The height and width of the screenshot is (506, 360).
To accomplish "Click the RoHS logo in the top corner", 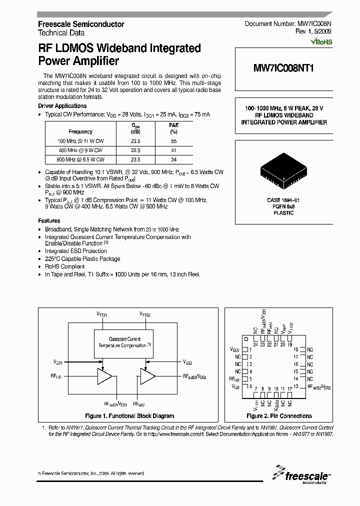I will (x=321, y=42).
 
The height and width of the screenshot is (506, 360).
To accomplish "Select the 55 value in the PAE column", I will (x=173, y=141).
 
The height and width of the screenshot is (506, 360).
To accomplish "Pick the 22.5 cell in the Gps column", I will (x=135, y=150).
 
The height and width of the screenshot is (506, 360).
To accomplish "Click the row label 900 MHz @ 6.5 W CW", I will (x=80, y=159).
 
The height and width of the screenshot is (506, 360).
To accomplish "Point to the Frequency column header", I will (x=80, y=132).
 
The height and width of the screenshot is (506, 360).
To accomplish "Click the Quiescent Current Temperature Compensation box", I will (x=125, y=342).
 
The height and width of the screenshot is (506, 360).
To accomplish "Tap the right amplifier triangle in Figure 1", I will (x=147, y=376).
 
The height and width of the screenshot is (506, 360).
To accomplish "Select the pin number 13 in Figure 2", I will (x=296, y=386).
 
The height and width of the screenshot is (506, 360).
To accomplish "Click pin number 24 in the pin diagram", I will (x=255, y=344).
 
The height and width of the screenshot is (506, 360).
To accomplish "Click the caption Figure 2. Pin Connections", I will (x=279, y=416).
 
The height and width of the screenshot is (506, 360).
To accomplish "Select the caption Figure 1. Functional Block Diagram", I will (x=129, y=416).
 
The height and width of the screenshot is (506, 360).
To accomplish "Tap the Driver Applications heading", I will (x=62, y=106).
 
